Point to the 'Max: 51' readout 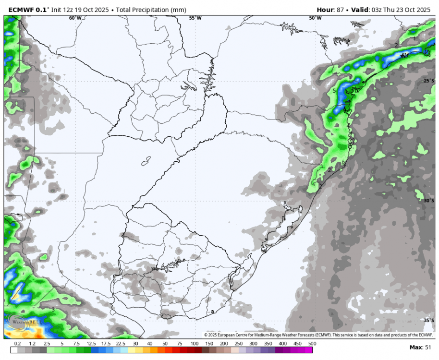click(422, 347)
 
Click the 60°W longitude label click(75, 18)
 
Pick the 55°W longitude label click(195, 18)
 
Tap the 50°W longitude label click(315, 18)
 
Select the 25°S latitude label click(429, 81)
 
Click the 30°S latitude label click(429, 201)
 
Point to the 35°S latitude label click(429, 320)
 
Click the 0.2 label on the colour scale click(17, 344)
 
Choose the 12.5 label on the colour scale click(91, 344)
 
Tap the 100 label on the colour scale click(194, 344)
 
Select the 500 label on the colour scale click(312, 344)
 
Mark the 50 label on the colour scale click(165, 344)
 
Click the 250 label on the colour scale click(239, 344)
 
